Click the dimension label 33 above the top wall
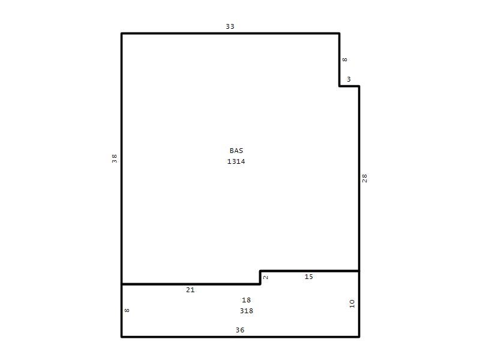(x=230, y=26)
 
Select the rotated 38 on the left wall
(x=114, y=158)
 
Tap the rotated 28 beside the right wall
(x=364, y=178)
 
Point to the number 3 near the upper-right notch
(x=349, y=79)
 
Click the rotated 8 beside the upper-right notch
(x=344, y=59)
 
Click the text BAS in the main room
(x=236, y=151)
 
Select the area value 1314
(x=236, y=161)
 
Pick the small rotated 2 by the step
(x=265, y=277)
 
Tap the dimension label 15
(x=308, y=277)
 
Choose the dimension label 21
(x=190, y=290)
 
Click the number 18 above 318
(x=246, y=300)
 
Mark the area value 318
(x=247, y=311)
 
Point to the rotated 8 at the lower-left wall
(x=127, y=310)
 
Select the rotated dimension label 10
(x=352, y=304)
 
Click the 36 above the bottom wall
(x=240, y=330)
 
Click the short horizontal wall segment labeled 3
(x=349, y=86)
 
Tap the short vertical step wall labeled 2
(x=260, y=278)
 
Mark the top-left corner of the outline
(x=122, y=34)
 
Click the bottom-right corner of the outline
(x=359, y=337)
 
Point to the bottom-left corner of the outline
(x=122, y=337)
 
